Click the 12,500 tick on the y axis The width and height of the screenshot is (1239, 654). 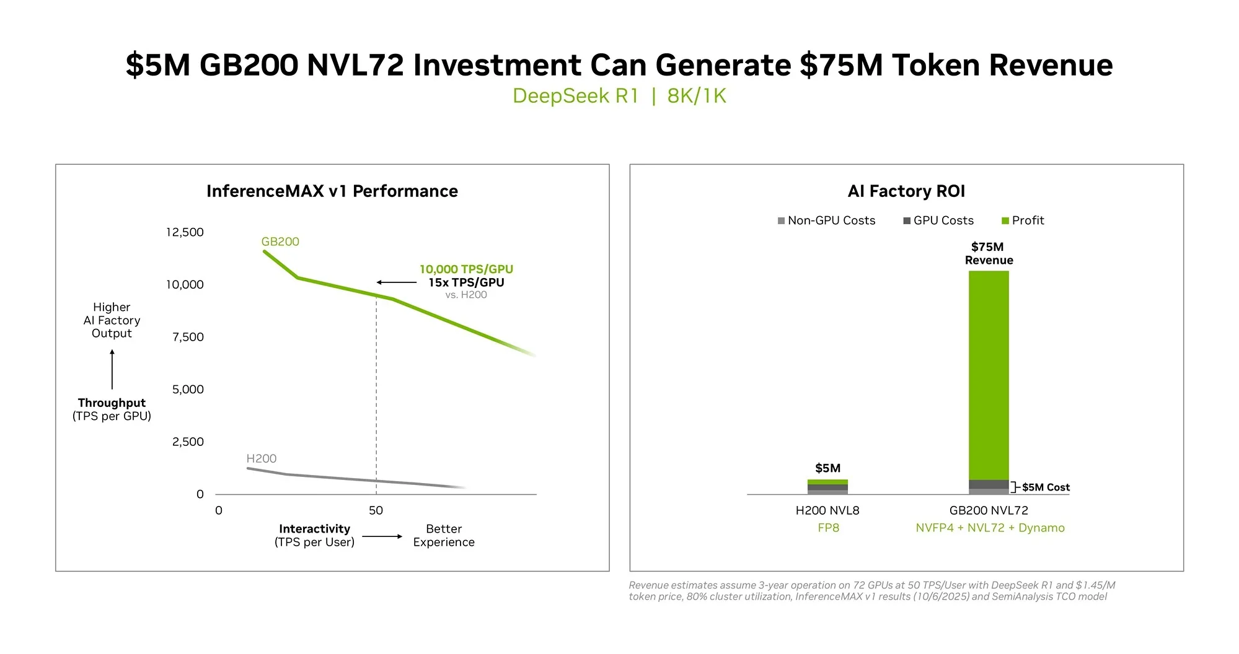click(185, 232)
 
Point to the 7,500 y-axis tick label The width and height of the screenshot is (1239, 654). click(188, 337)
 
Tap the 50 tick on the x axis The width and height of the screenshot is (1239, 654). click(376, 510)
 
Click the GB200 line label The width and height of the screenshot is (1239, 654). click(280, 242)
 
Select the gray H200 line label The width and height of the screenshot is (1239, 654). click(261, 458)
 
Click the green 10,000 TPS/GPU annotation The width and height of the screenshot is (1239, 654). click(466, 269)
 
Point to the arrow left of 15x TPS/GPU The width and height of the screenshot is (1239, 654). click(397, 282)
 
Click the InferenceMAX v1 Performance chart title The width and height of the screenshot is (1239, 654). click(332, 191)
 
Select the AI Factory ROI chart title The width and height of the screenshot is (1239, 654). click(906, 191)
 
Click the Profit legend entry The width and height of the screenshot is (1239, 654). click(1023, 220)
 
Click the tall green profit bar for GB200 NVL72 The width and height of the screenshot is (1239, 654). click(989, 375)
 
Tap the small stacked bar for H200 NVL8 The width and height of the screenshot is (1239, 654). click(827, 487)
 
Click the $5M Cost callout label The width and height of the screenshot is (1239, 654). click(1046, 487)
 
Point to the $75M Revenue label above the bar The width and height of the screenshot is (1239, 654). click(989, 253)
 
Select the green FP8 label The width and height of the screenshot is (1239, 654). click(828, 528)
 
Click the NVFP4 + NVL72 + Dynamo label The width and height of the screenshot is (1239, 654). click(990, 528)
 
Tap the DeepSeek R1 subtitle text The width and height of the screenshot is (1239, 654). click(575, 96)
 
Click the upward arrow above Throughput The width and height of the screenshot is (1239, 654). click(112, 369)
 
